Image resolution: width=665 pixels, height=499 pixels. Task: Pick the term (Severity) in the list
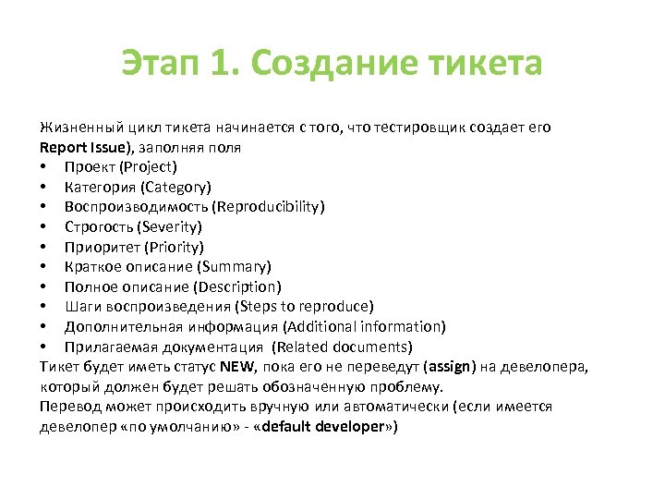pos(168,226)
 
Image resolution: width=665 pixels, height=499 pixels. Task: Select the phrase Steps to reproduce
pos(304,306)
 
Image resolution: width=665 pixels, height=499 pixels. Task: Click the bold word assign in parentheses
pos(453,367)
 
